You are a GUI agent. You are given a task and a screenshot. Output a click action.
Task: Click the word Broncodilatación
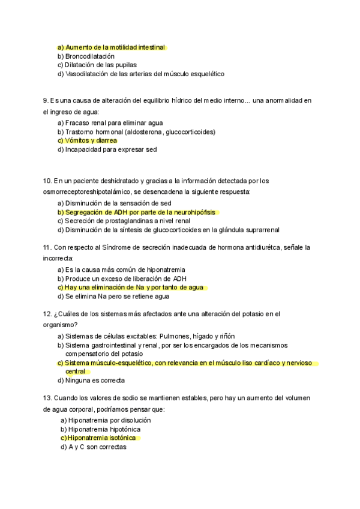(89, 56)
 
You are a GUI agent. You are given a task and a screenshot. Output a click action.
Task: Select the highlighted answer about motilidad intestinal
(111, 47)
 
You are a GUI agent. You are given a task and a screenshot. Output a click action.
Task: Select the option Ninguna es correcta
(94, 381)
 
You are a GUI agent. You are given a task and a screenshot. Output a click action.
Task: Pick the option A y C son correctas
(97, 447)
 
